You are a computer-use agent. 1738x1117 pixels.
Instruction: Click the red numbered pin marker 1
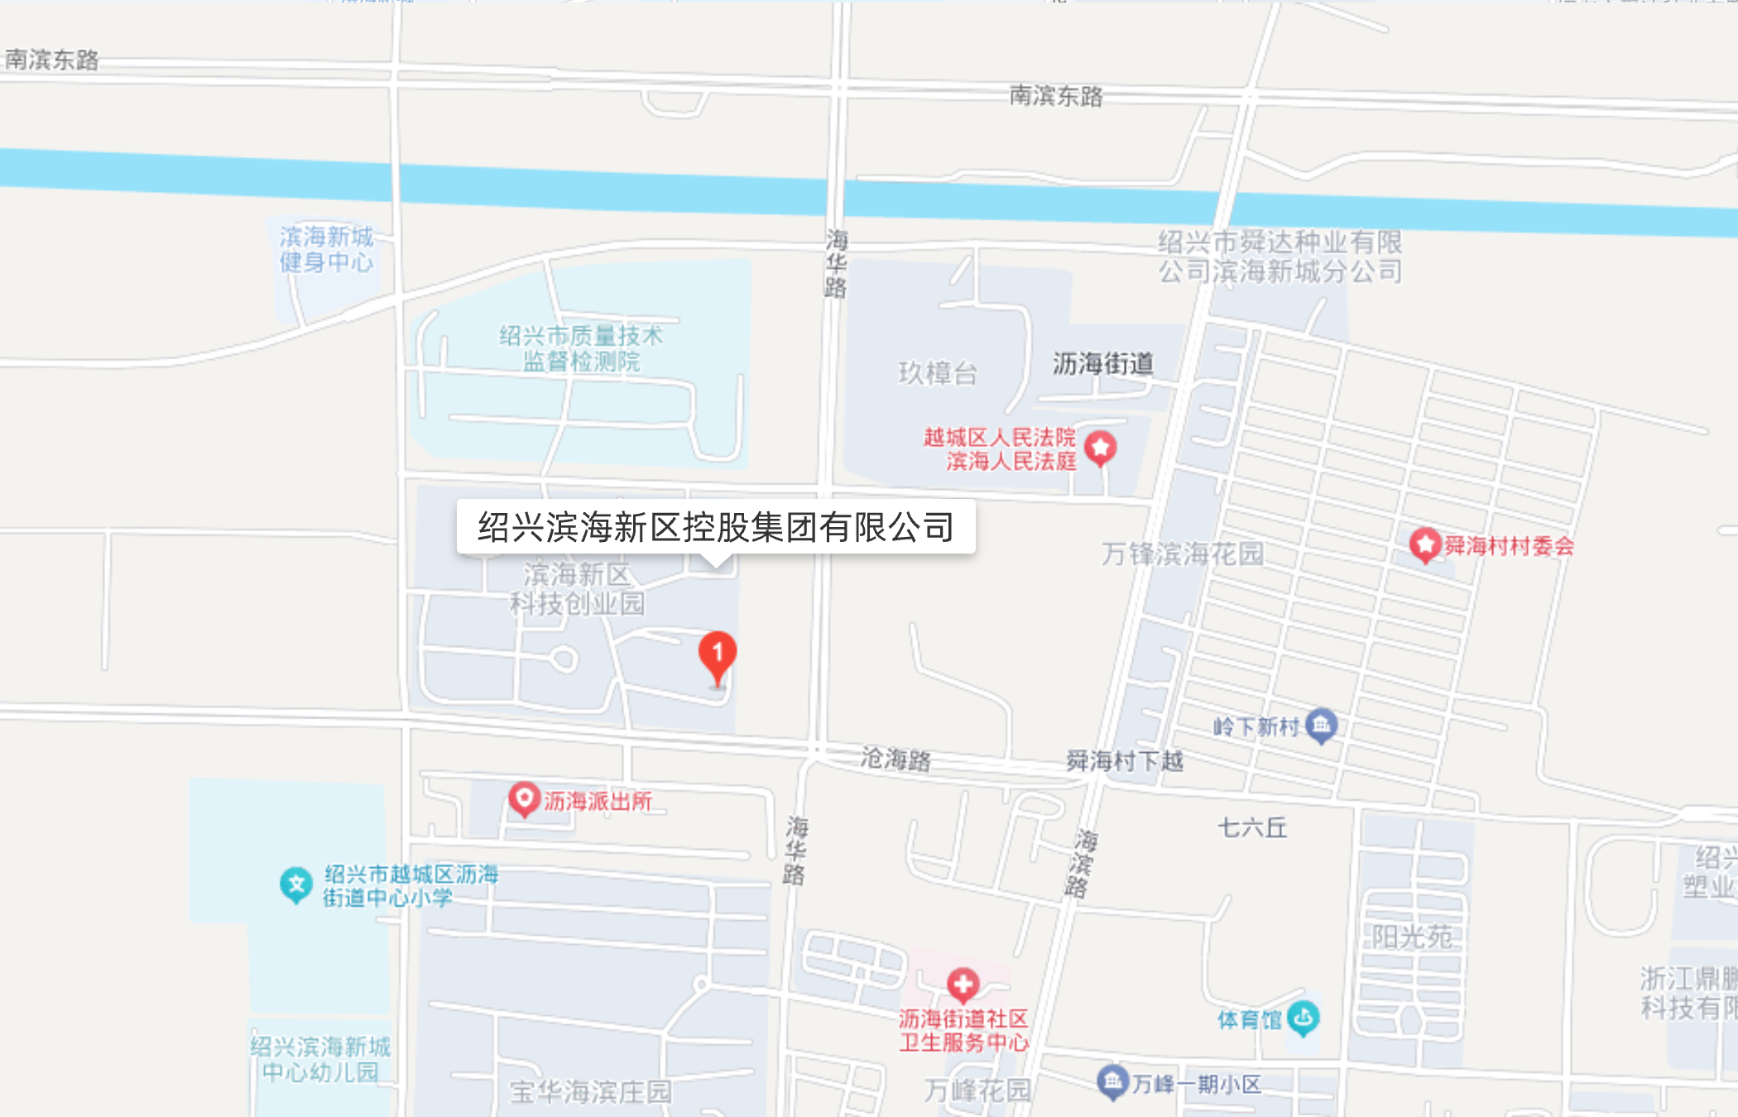click(718, 654)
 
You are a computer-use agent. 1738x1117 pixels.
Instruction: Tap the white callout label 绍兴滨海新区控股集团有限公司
click(716, 527)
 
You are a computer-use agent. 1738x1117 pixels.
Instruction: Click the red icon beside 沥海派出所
click(524, 799)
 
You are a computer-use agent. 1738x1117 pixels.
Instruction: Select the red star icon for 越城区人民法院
click(1100, 448)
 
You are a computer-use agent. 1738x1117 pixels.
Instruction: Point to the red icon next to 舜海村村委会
click(1425, 544)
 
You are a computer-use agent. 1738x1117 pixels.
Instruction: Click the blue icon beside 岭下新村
click(1321, 726)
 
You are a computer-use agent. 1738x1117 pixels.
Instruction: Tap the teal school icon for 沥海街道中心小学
click(295, 884)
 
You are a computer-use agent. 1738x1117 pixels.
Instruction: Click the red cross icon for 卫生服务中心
click(963, 984)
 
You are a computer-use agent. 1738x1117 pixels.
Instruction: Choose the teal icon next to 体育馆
click(1303, 1018)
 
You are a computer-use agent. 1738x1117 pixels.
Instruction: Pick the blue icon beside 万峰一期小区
click(1112, 1081)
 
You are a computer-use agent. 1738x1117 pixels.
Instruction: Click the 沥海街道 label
click(1102, 363)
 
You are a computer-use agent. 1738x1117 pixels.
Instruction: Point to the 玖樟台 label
click(938, 373)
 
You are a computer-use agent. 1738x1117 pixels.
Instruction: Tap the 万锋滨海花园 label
click(1182, 554)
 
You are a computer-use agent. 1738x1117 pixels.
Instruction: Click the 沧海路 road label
click(895, 758)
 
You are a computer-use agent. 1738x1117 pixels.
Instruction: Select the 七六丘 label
click(1252, 827)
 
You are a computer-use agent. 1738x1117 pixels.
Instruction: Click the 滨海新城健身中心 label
click(327, 249)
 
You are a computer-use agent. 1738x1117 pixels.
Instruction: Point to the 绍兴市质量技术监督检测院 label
click(581, 348)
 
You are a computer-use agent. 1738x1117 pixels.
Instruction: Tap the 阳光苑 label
click(1411, 937)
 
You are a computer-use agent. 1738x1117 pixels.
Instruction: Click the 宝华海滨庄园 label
click(590, 1092)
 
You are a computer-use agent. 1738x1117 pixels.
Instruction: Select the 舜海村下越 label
click(1125, 760)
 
